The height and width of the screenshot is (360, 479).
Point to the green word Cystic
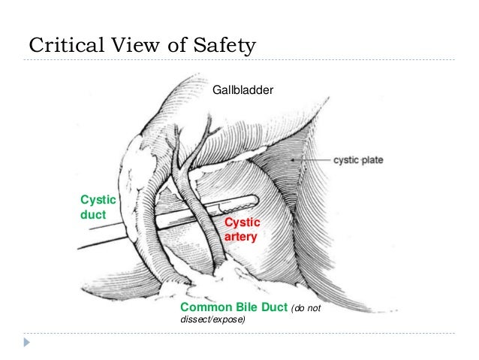[97, 199]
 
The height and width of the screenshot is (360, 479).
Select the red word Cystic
[243, 222]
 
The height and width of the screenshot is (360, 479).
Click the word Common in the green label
[204, 308]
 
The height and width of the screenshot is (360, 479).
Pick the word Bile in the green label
[245, 308]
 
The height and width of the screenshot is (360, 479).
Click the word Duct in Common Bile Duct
[273, 308]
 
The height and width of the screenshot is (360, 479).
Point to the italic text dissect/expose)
[213, 320]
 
